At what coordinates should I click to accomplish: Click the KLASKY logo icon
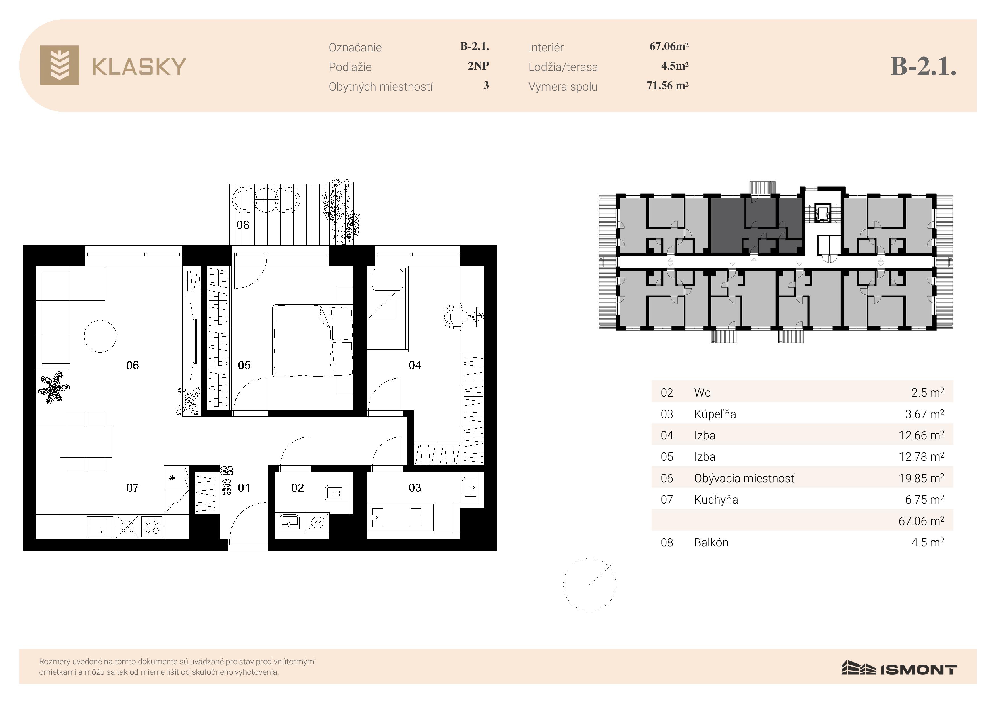click(59, 65)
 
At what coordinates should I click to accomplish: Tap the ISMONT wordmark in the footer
click(918, 670)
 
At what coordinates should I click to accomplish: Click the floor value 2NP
click(478, 66)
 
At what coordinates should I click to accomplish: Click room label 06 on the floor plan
click(133, 365)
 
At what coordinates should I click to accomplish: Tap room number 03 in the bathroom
click(415, 488)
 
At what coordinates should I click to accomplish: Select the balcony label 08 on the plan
click(243, 225)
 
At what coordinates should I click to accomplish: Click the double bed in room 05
click(312, 341)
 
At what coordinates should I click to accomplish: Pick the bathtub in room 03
click(401, 517)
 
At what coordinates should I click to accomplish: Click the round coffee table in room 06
click(100, 336)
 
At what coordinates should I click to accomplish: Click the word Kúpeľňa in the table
click(715, 414)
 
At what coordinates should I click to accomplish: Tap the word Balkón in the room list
click(711, 543)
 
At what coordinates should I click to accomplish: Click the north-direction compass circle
click(589, 584)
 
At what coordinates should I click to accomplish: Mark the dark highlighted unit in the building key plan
click(756, 226)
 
